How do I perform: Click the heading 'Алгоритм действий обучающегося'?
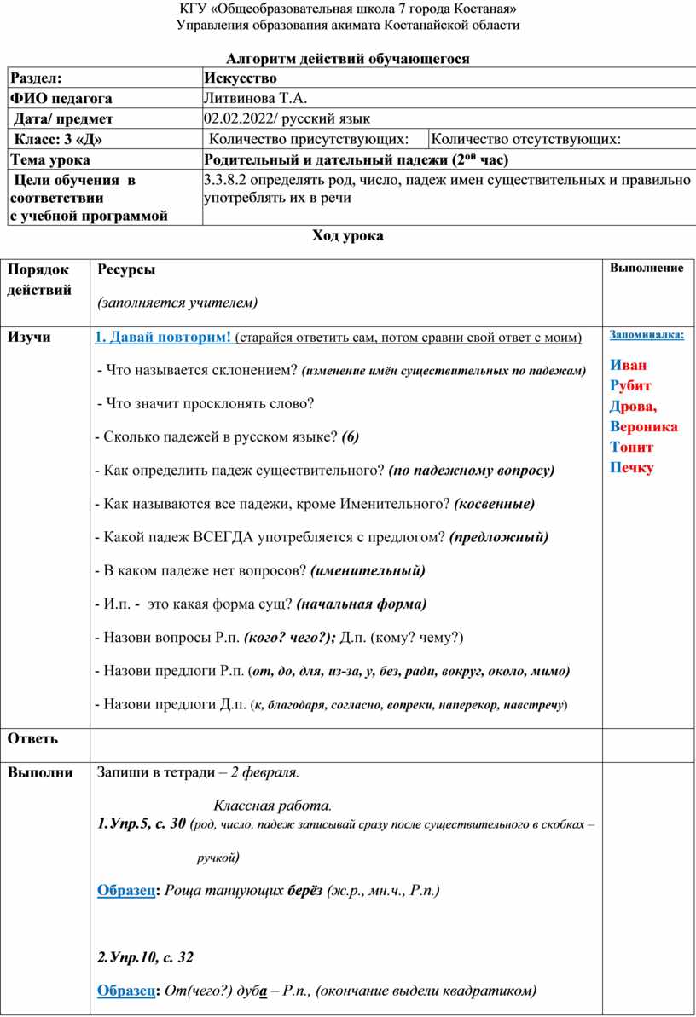(348, 58)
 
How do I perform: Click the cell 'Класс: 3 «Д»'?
(59, 139)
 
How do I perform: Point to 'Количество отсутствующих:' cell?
(526, 139)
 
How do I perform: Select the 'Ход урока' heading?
(348, 236)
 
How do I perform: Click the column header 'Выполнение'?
(646, 268)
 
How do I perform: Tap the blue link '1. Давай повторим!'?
(163, 337)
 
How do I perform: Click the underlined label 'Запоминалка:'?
(647, 335)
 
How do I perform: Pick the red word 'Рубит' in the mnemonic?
(630, 385)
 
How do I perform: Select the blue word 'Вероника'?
(644, 426)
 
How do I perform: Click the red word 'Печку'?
(632, 467)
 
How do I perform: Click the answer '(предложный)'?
(498, 537)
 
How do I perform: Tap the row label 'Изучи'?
(29, 337)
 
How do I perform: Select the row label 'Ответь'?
(33, 738)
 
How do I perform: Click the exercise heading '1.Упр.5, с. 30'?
(142, 823)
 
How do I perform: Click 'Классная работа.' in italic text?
(272, 806)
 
